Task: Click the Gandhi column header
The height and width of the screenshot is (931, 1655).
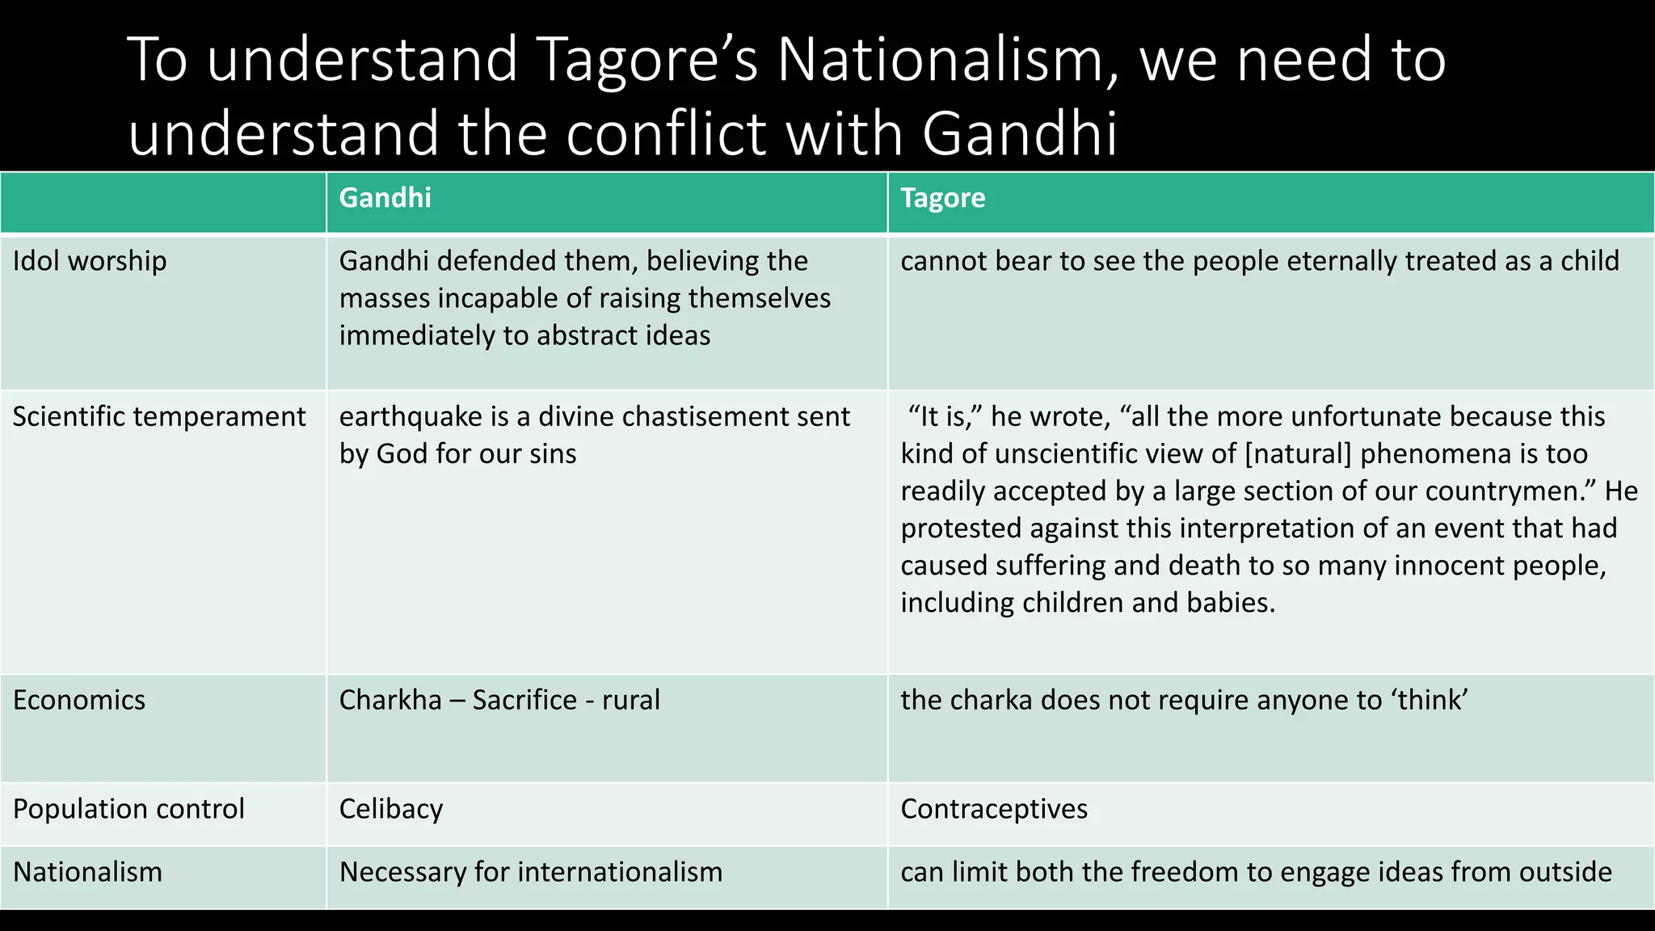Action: pos(385,198)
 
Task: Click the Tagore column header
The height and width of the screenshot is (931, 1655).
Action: pos(942,198)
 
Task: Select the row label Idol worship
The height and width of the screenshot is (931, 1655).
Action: pos(90,261)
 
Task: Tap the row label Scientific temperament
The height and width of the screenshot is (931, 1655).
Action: pos(159,416)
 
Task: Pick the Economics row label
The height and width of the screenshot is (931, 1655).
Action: pos(79,700)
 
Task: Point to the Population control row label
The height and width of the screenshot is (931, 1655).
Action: pos(128,809)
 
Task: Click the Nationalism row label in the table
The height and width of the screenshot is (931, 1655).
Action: pos(87,872)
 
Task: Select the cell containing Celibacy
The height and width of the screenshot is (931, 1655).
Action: pos(391,809)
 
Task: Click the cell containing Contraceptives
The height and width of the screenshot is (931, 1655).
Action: pos(994,809)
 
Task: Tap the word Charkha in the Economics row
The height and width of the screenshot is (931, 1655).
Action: pos(390,700)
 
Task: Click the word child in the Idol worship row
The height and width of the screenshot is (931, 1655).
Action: pos(1590,261)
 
